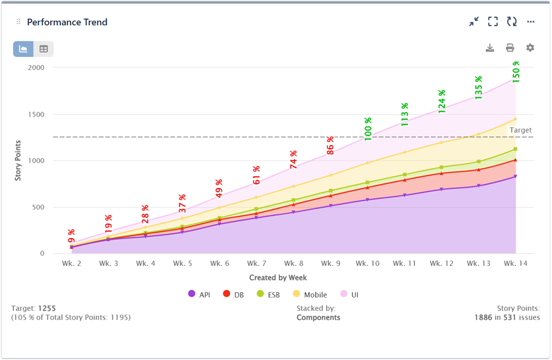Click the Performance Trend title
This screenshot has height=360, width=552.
pos(67,22)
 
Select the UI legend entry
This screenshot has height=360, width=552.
pos(354,294)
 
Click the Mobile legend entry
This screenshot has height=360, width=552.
pos(311,294)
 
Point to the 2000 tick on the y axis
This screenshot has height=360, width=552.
pos(36,67)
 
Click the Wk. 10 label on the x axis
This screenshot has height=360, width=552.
pos(367,263)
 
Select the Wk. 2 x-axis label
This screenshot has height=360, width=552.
pos(72,263)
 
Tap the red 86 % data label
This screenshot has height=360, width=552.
pos(330,146)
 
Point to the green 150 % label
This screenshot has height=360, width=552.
pos(516,72)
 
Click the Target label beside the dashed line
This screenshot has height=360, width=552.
pos(520,130)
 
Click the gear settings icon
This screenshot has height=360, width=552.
pos(530,48)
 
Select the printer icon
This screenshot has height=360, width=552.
pos(510,48)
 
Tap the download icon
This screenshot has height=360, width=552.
pos(490,48)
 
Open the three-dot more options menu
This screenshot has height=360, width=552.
pos(531,22)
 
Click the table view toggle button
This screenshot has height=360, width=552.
pos(44,49)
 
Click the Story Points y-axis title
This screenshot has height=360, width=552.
pos(19,160)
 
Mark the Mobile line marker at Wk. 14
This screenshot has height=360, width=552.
pos(516,119)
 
